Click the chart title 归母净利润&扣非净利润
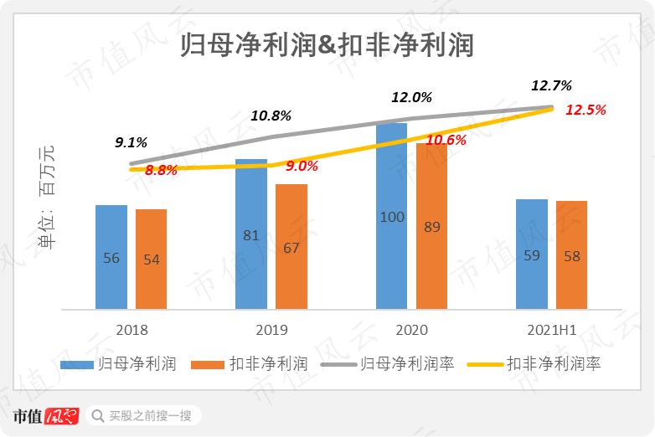point(327,43)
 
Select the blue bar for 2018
point(111,257)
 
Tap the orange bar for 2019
point(291,247)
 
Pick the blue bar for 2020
point(391,217)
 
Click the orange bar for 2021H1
point(571,255)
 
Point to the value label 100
point(391,218)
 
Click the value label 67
point(291,248)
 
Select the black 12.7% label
point(551,85)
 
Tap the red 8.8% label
point(161,170)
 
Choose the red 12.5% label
point(585,110)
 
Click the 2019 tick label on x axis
point(271,330)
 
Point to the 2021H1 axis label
point(551,330)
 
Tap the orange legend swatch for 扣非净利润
point(208,364)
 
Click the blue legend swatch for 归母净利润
point(76,364)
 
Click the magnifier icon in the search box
point(98,416)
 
